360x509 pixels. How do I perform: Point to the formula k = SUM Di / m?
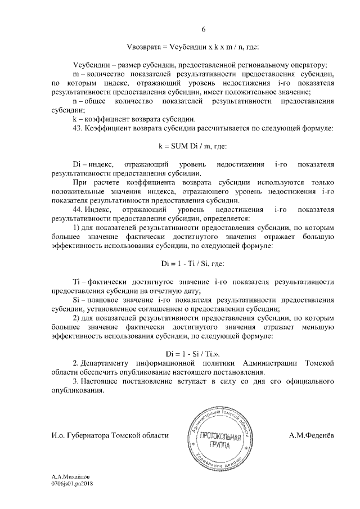coord(193,145)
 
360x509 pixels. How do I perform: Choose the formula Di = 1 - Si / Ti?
coord(193,354)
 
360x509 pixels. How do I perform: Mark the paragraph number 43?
coord(78,128)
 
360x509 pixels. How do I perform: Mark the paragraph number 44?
coord(78,209)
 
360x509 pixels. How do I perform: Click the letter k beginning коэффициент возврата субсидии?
coord(75,119)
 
